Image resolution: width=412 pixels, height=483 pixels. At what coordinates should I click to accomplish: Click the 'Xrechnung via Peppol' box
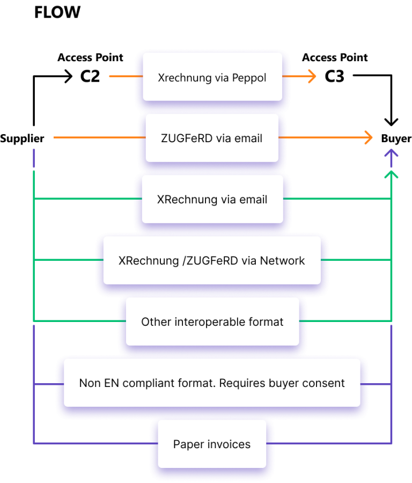pos(212,77)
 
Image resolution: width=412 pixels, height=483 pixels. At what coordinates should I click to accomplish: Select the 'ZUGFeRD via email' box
pos(212,138)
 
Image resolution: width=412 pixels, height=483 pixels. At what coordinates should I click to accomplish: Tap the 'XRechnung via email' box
pos(212,199)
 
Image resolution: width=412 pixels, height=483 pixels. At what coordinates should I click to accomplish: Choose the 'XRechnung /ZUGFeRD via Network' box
pos(212,260)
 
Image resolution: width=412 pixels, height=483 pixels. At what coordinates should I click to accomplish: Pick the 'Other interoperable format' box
pos(212,321)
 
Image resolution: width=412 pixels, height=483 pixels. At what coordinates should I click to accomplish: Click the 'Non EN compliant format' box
pos(212,383)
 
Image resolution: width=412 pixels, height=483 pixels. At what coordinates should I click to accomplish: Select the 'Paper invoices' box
pos(212,444)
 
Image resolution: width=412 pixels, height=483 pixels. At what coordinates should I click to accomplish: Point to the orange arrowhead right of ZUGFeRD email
pos(369,137)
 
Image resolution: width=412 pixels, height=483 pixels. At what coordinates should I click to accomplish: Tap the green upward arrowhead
pos(392,174)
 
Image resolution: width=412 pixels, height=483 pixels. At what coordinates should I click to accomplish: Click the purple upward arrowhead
pos(392,153)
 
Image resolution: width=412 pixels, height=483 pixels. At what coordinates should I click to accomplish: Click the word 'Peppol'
pos(249,78)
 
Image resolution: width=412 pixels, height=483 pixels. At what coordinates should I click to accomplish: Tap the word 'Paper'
pos(186,444)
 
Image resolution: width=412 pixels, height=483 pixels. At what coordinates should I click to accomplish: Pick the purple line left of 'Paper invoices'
pos(91,443)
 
